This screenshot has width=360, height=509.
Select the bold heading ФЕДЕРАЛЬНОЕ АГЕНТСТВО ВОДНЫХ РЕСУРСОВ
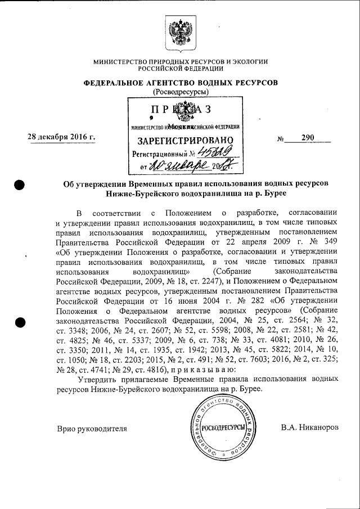[x=181, y=83]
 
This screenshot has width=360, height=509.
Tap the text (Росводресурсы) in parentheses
[x=181, y=92]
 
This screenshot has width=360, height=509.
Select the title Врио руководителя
[x=92, y=428]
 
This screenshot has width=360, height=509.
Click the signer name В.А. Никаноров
[x=310, y=428]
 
